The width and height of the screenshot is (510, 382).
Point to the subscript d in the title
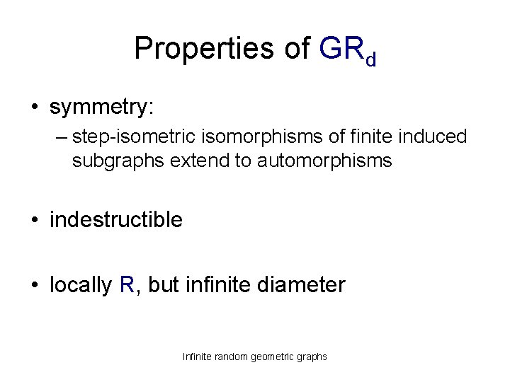point(370,57)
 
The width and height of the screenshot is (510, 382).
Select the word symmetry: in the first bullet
point(102,108)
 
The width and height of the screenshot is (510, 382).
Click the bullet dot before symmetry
point(34,108)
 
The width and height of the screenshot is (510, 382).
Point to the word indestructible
point(116,220)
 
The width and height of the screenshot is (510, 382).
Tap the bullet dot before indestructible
point(34,221)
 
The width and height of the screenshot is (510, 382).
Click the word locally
point(80,286)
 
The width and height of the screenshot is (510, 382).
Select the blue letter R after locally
point(127,285)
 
